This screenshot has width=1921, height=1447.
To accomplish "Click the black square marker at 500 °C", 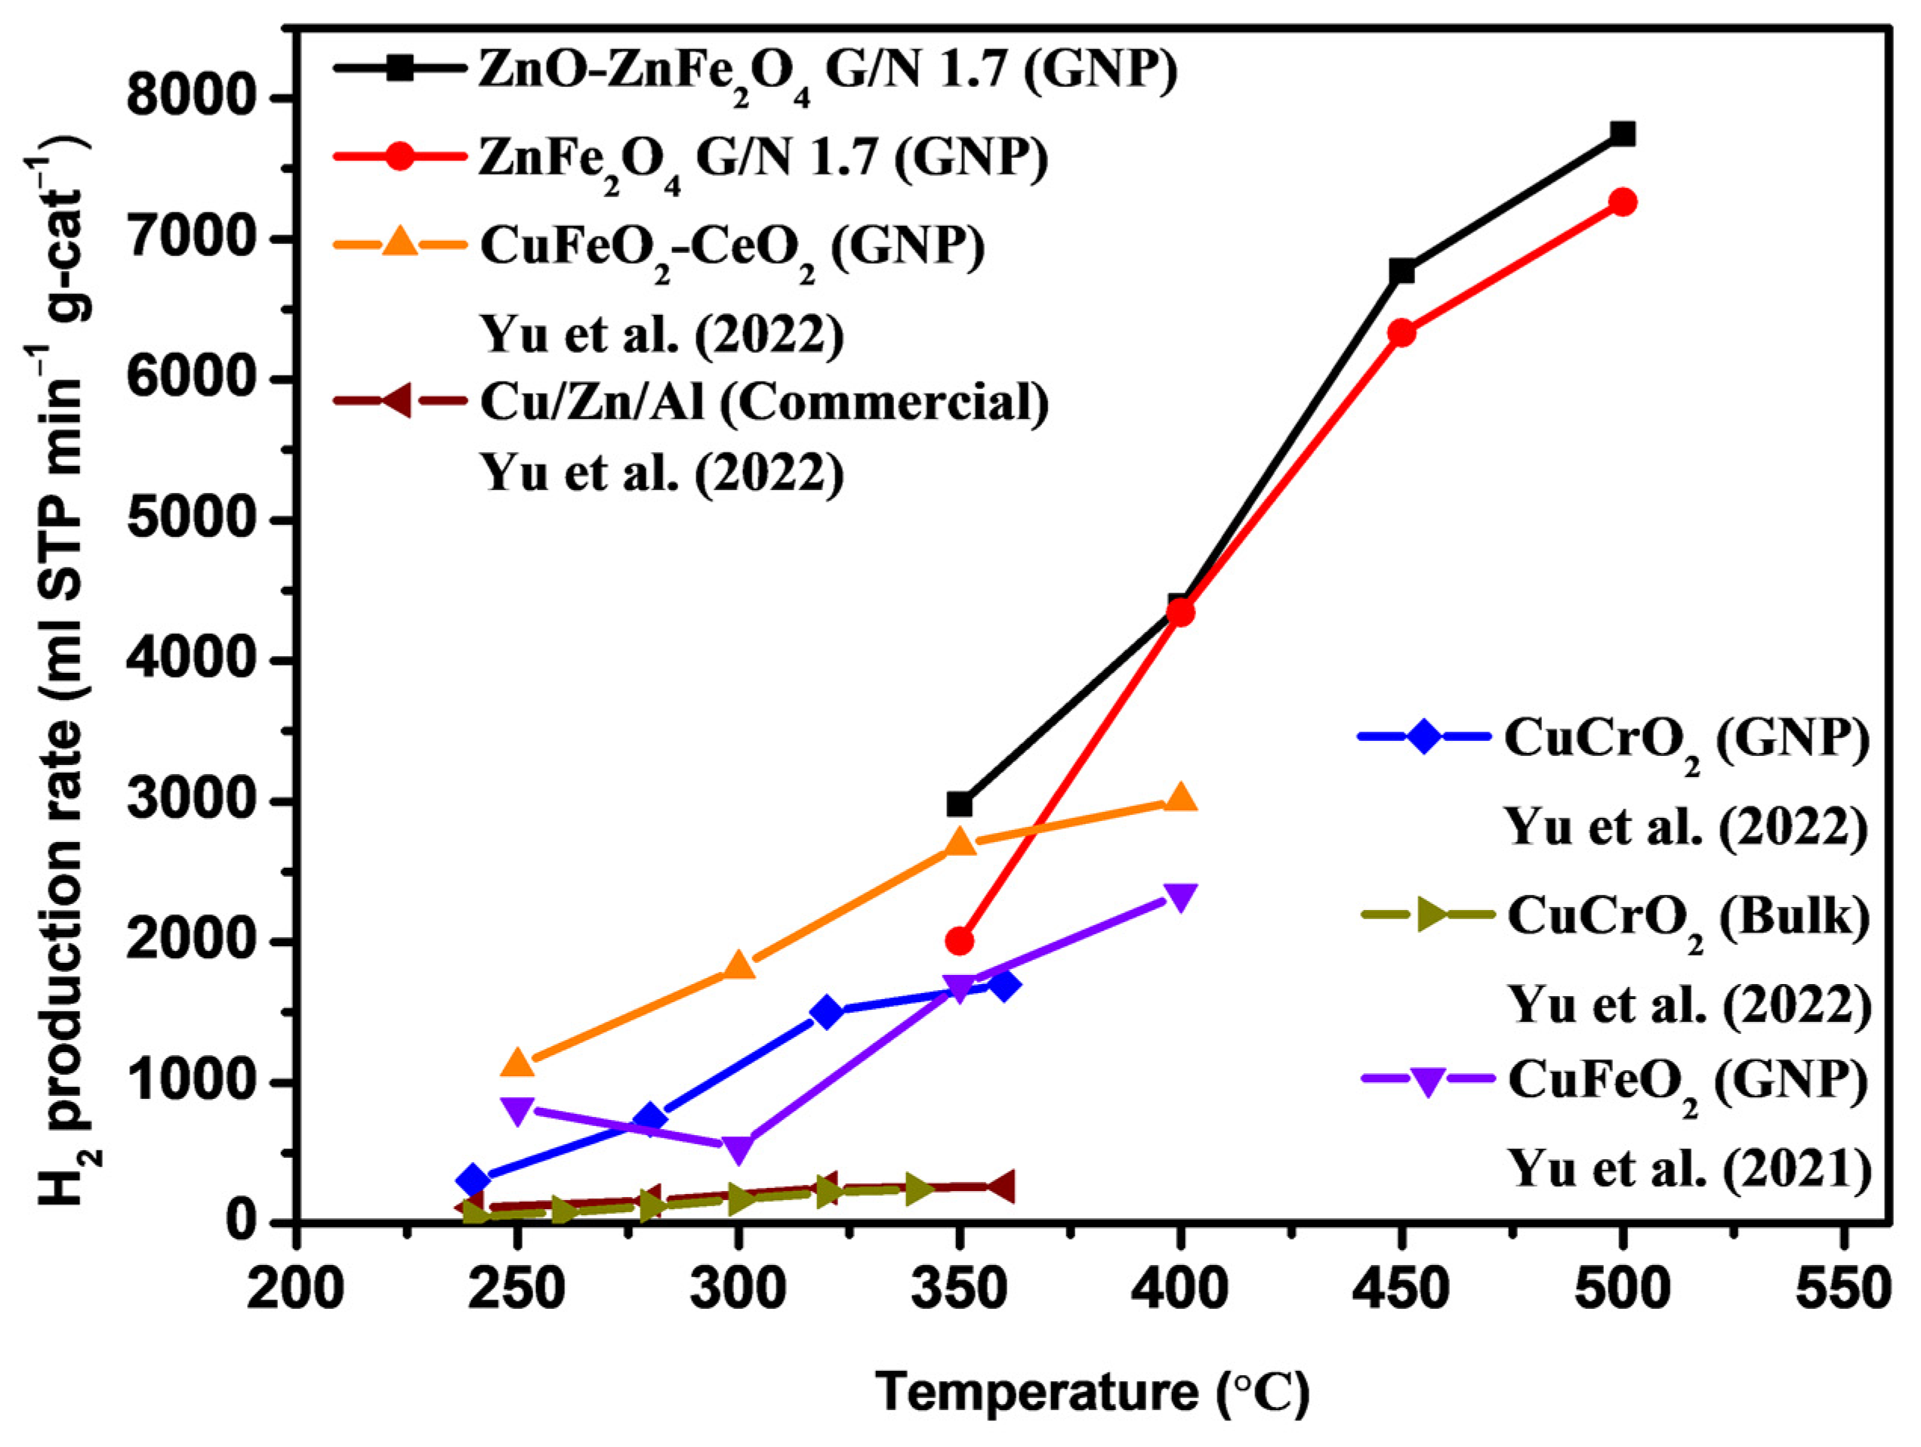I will (x=1621, y=134).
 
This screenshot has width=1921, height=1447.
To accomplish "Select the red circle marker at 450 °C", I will (x=1401, y=332).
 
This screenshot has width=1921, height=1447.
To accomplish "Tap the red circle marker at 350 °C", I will (x=959, y=941).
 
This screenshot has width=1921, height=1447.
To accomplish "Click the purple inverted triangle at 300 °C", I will (x=737, y=1148).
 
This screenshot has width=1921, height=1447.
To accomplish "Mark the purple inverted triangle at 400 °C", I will (x=1179, y=896).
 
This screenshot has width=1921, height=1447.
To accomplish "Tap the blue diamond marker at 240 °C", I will (x=473, y=1180).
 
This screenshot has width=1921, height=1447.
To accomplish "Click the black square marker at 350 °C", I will (x=959, y=804).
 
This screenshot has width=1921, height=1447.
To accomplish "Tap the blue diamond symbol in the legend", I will (x=1424, y=736).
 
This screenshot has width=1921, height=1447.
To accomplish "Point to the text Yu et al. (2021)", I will (x=1689, y=1168).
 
